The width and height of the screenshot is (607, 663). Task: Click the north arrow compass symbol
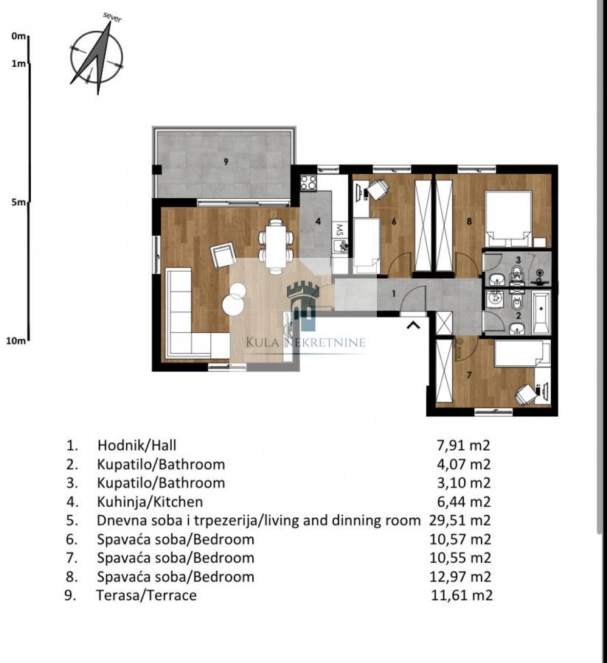(97, 56)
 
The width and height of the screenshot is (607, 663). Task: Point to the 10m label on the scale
(15, 340)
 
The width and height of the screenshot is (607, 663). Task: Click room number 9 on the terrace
(226, 161)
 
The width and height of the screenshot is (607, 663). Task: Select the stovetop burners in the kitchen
(308, 183)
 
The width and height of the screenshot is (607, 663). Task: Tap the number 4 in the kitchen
(318, 221)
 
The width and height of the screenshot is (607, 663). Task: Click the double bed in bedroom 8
(508, 219)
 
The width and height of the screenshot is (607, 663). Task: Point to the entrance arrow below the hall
(413, 325)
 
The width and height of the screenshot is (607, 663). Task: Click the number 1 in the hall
(394, 293)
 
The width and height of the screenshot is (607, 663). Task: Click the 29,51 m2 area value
(460, 520)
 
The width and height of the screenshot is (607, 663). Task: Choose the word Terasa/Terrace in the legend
(147, 595)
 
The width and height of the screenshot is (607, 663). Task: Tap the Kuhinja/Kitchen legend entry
(150, 502)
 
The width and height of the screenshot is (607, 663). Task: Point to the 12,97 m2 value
(460, 577)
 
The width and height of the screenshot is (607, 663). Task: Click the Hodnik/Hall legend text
(136, 445)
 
